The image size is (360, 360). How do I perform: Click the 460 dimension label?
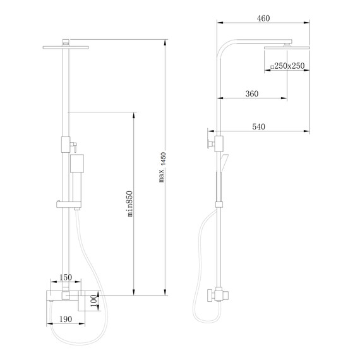[263, 18]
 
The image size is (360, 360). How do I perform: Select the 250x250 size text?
[291, 66]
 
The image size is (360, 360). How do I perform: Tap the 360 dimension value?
[251, 93]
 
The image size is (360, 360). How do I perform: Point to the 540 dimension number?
[258, 127]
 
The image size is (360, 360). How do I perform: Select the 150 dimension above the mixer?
[65, 278]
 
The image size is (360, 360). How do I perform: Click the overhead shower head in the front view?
[65, 45]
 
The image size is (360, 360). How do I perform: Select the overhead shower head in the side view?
[287, 47]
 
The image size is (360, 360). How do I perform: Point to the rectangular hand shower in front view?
[76, 166]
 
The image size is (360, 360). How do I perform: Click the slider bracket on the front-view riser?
[65, 204]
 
